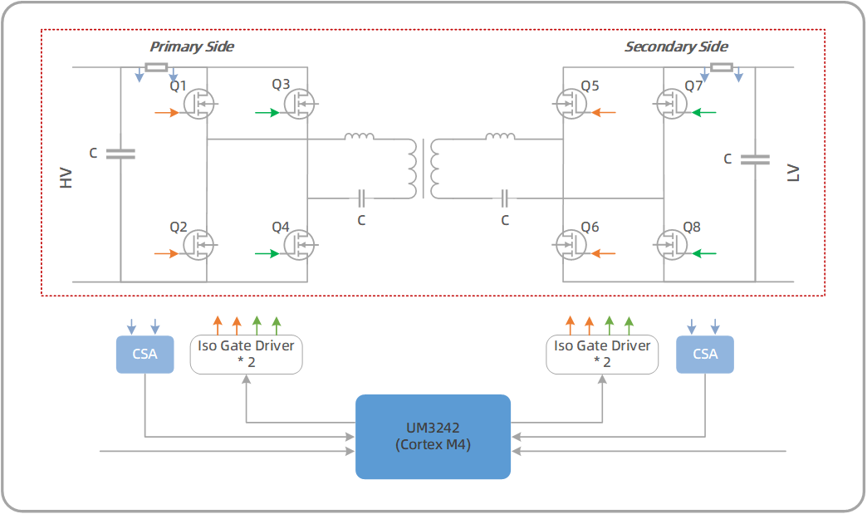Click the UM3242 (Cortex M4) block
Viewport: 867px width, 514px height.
click(433, 437)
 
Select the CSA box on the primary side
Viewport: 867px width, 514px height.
click(144, 354)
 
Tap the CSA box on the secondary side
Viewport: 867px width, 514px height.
click(705, 354)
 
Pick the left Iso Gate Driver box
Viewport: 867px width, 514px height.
click(247, 354)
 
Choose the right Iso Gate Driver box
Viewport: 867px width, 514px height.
click(601, 354)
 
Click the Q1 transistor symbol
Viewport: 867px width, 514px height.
click(198, 105)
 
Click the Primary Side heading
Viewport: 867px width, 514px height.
click(192, 47)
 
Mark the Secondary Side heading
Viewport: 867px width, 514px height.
click(676, 47)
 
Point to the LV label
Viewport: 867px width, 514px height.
click(793, 174)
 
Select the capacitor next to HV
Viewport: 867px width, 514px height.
click(121, 154)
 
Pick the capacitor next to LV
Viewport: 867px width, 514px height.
click(755, 159)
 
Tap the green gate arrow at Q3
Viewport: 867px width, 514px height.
click(267, 112)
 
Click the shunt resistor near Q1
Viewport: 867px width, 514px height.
click(156, 67)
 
